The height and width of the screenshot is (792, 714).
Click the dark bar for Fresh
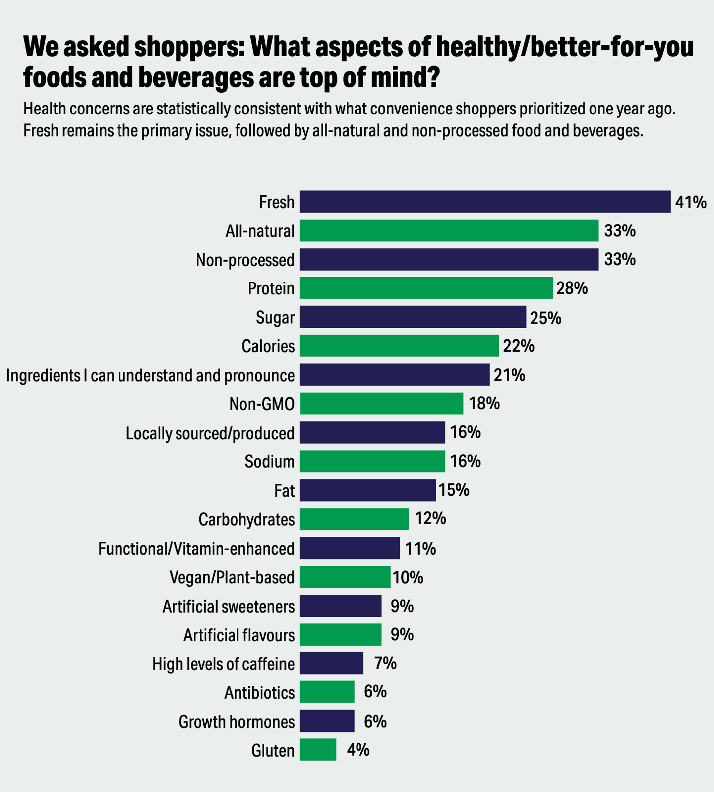485,202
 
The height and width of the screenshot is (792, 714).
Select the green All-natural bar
449,230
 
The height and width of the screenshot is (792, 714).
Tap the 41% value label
690,202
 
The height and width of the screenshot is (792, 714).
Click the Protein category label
271,288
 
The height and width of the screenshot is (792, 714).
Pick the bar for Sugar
413,317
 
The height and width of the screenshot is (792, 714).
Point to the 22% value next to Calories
519,346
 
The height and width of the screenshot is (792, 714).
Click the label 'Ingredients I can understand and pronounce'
150,375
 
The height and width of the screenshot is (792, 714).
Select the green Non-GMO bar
381,403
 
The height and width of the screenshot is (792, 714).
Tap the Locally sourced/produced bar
372,432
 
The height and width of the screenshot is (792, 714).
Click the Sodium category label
269,461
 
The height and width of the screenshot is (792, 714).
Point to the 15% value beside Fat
454,490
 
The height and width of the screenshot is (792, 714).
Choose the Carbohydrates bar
354,519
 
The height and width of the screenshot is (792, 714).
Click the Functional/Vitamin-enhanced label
196,549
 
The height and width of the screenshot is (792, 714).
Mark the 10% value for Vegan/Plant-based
408,578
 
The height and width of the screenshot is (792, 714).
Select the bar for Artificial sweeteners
341,606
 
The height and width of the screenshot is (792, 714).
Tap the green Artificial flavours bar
341,634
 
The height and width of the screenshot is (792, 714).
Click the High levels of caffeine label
223,664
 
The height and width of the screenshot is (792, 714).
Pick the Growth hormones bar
327,721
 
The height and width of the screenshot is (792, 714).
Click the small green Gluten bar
318,749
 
